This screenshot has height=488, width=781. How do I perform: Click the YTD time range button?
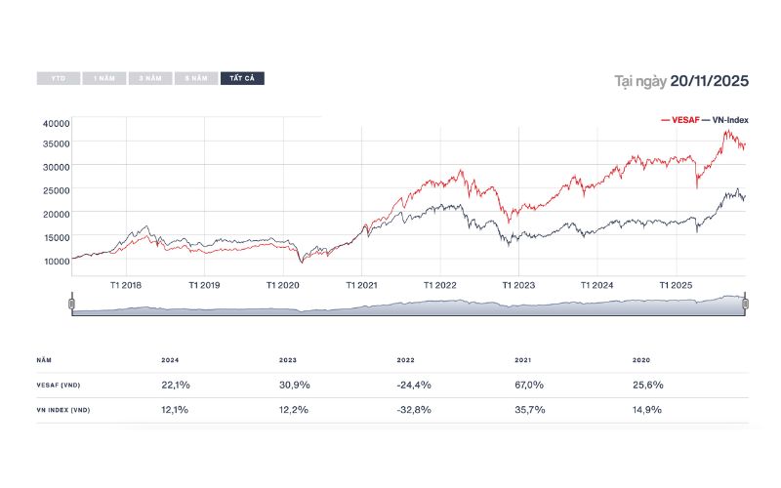coord(59,78)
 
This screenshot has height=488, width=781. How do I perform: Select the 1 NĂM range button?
coord(104,78)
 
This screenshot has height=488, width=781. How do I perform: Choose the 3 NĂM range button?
coord(150,78)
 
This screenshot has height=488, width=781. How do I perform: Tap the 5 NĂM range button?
coord(196,78)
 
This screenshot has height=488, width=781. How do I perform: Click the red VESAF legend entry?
coord(682,119)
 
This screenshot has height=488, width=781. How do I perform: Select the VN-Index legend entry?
coord(725,119)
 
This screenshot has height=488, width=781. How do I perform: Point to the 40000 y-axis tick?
coord(57,123)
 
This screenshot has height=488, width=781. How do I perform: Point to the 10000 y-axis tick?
coord(57,260)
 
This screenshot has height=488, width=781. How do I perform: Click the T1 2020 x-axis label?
coord(283,285)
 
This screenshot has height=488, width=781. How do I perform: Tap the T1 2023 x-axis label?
coord(518,285)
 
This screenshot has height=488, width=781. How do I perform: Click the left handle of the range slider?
coord(71,305)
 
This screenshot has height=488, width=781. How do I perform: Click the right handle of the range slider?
coord(745,305)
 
